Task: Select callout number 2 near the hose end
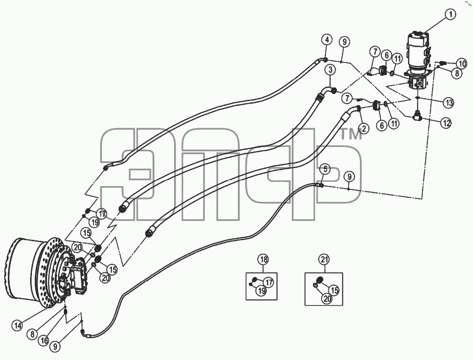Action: [364, 129]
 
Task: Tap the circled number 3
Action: [330, 70]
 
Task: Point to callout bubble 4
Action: [327, 40]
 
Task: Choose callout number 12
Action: [446, 123]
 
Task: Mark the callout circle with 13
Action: [449, 103]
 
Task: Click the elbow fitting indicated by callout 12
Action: [416, 117]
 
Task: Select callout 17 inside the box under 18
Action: [269, 282]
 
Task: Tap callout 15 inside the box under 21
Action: [334, 290]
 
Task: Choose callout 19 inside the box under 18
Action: [261, 291]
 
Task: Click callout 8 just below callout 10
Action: [457, 73]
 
